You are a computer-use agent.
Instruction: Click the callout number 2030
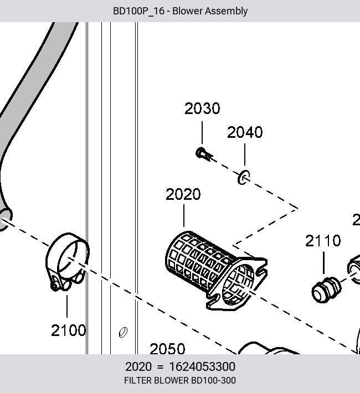point(202,108)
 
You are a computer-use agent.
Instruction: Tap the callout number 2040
point(245,132)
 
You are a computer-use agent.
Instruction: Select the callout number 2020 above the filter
point(183,194)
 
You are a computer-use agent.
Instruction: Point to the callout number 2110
point(323,241)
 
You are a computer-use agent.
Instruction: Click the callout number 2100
point(69,330)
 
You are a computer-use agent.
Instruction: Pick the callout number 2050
point(167,349)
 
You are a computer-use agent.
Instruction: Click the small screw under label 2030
point(203,153)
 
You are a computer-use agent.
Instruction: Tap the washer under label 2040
point(244,177)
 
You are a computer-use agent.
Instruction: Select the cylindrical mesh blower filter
point(216,270)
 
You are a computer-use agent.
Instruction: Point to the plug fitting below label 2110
point(326,289)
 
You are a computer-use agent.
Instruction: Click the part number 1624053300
point(202,366)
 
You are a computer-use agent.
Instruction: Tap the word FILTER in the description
point(137,380)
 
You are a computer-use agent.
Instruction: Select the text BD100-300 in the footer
point(213,380)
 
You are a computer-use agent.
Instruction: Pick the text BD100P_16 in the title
point(138,11)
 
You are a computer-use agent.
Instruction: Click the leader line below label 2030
point(202,133)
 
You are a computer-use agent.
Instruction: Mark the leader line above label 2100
point(67,306)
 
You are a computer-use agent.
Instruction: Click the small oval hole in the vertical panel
point(123,332)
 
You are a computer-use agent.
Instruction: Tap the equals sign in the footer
point(160,367)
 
